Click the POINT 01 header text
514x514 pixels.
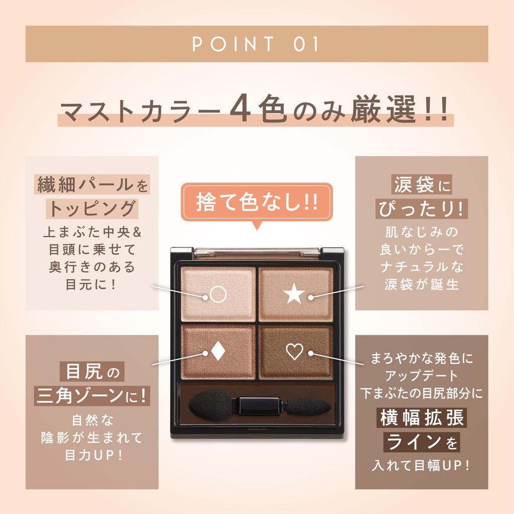pyautogui.click(x=256, y=44)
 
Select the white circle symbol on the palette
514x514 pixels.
pyautogui.click(x=218, y=294)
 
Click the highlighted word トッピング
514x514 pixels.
pyautogui.click(x=92, y=208)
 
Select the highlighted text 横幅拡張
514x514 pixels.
pyautogui.click(x=421, y=418)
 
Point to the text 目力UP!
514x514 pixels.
pyautogui.click(x=92, y=456)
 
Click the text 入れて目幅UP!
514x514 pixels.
pyautogui.click(x=421, y=465)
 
